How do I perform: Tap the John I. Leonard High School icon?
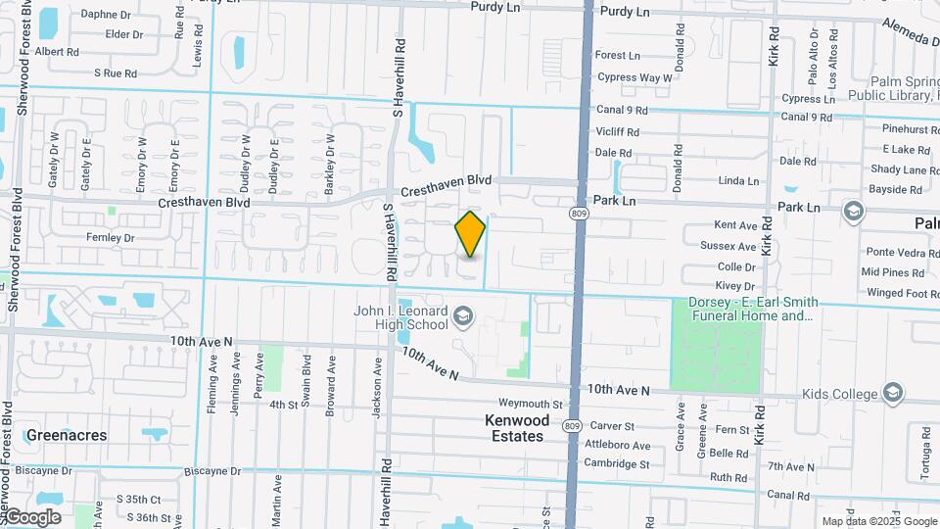pyautogui.click(x=462, y=315)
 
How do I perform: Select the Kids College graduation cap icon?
pyautogui.click(x=892, y=393)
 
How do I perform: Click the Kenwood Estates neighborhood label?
pyautogui.click(x=514, y=427)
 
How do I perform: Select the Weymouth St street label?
pyautogui.click(x=531, y=404)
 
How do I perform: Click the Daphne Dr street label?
pyautogui.click(x=106, y=15)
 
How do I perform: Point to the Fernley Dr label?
pyautogui.click(x=110, y=237)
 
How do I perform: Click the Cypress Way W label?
pyautogui.click(x=634, y=77)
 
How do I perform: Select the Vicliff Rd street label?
pyautogui.click(x=617, y=131)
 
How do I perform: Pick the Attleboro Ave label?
pyautogui.click(x=618, y=445)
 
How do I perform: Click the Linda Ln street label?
pyautogui.click(x=738, y=181)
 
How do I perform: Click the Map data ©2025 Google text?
pyautogui.click(x=878, y=521)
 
